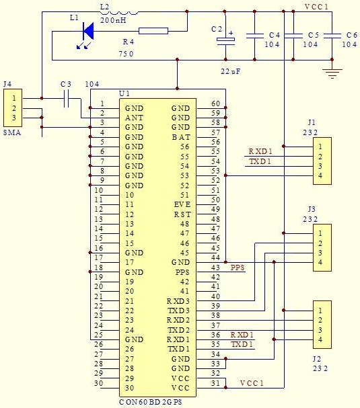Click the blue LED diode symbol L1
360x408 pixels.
tap(88, 32)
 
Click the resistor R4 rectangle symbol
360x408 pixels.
tap(153, 31)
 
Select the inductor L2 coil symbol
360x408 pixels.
tap(123, 12)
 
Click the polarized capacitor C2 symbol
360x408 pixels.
tap(225, 40)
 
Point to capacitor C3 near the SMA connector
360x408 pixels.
tap(66, 98)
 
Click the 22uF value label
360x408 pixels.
tap(230, 71)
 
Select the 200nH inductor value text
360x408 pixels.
tap(113, 20)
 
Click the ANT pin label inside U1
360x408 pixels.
tap(134, 118)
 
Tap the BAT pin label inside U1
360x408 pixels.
tap(181, 137)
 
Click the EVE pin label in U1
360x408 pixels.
tap(182, 204)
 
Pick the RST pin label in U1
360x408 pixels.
tap(182, 214)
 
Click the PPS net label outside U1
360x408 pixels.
tap(238, 268)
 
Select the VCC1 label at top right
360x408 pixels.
tap(317, 7)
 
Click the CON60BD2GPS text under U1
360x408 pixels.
tap(151, 402)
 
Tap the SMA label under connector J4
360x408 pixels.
tap(12, 132)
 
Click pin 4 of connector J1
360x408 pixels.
tap(320, 175)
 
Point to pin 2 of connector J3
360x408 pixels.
tap(320, 243)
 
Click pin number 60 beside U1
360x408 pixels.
tap(216, 104)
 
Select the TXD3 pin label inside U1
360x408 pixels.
tap(179, 311)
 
